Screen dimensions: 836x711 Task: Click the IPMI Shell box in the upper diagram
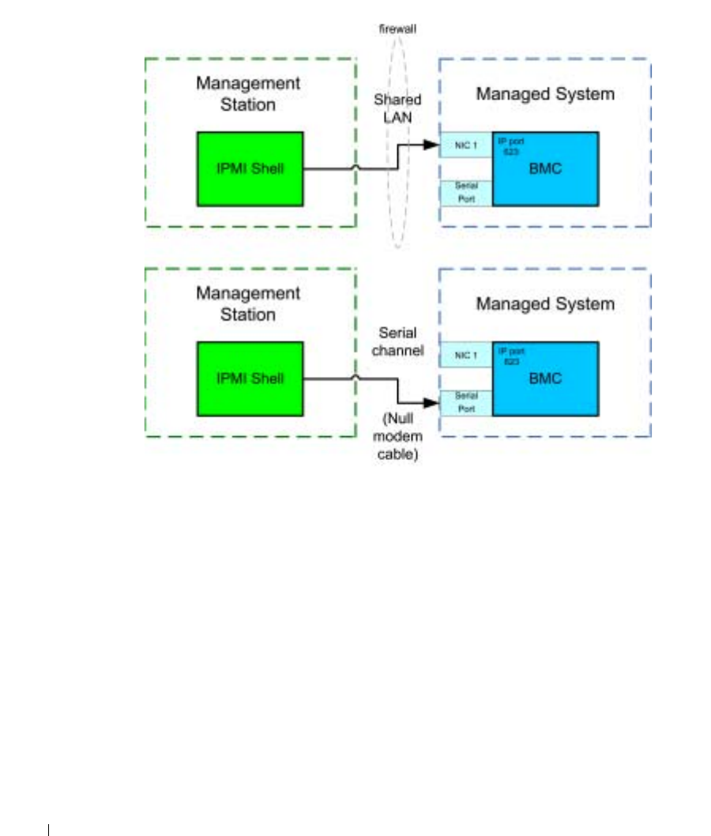[250, 168]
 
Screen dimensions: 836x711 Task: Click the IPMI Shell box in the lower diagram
[250, 378]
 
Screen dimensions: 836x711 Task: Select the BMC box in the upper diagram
[545, 169]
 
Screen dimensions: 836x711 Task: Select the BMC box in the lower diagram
[545, 378]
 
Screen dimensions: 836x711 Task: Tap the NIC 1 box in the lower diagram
[465, 355]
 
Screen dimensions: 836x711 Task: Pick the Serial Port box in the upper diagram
[465, 193]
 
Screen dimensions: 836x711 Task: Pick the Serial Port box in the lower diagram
[465, 403]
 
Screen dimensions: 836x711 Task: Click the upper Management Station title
[248, 93]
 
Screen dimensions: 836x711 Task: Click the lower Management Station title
[248, 303]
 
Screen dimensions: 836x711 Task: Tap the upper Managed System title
[545, 94]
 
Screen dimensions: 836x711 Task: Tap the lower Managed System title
[545, 304]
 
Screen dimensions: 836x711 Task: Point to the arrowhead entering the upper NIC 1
[431, 145]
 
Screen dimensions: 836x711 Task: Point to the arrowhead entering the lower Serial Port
[431, 403]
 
